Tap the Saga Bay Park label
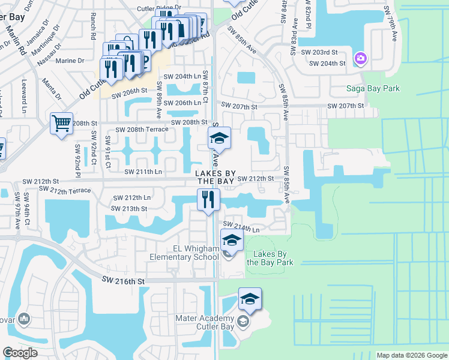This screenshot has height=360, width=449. tap(373, 89)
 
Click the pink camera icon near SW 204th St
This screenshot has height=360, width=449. tap(361, 58)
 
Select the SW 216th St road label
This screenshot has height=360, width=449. tap(124, 280)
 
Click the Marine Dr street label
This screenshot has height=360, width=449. tap(70, 61)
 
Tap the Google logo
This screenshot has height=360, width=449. tap(20, 353)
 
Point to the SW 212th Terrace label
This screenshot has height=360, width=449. tap(64, 190)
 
